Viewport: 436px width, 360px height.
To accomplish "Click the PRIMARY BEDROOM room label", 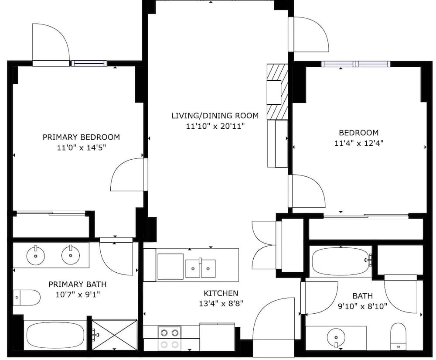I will click(81, 137).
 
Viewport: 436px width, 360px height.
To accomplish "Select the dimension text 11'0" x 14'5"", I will click(81, 147).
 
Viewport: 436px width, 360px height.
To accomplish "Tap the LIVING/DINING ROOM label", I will click(215, 116).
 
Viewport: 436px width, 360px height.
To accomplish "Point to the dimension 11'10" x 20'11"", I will click(215, 126).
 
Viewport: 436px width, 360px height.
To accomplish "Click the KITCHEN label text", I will click(221, 293).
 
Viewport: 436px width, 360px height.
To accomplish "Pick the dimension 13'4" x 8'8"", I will click(221, 304).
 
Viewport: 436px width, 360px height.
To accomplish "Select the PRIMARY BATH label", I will click(77, 284).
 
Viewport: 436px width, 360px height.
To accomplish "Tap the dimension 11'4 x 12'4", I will click(358, 143).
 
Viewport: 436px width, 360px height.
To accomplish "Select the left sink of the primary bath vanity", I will click(34, 255).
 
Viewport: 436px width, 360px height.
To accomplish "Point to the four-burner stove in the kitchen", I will click(169, 338).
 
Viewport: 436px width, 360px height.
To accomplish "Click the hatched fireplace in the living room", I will click(278, 91).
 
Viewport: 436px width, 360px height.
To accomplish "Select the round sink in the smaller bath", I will click(336, 338).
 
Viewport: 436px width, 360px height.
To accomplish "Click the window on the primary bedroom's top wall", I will click(89, 63).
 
